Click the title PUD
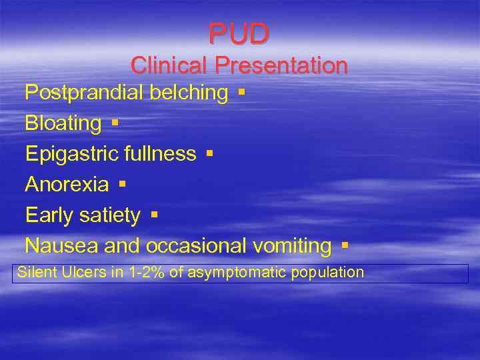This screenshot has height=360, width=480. [239, 32]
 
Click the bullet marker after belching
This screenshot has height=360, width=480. [241, 91]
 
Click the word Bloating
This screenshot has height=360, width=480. [63, 123]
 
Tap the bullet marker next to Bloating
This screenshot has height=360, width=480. [115, 122]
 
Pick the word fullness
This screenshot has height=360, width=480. [160, 154]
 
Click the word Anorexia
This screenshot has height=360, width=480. [67, 185]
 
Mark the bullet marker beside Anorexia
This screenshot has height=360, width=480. [122, 183]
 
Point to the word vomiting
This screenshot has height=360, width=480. [292, 246]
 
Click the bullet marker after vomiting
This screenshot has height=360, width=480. [344, 245]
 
